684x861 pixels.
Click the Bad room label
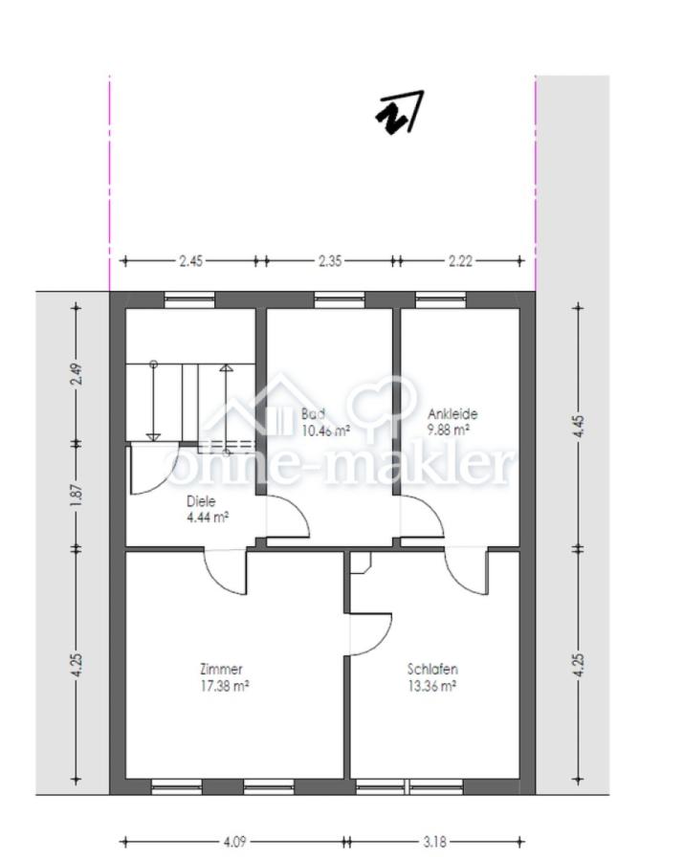pyautogui.click(x=313, y=413)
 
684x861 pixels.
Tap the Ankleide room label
pyautogui.click(x=452, y=413)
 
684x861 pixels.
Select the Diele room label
pyautogui.click(x=201, y=500)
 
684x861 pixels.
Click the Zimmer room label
pyautogui.click(x=221, y=669)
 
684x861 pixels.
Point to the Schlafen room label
pyautogui.click(x=432, y=669)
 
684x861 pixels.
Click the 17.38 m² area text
pyautogui.click(x=225, y=686)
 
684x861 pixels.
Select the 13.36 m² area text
pyautogui.click(x=432, y=686)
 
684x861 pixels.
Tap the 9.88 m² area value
pyautogui.click(x=449, y=430)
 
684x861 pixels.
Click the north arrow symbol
pyautogui.click(x=399, y=113)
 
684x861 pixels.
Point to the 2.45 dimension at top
pyautogui.click(x=190, y=261)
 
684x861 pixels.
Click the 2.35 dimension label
pyautogui.click(x=330, y=261)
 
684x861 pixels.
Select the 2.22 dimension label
pyautogui.click(x=460, y=261)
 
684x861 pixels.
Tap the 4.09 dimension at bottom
pyautogui.click(x=235, y=841)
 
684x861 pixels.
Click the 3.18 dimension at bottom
pyautogui.click(x=434, y=841)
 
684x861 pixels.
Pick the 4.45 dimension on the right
pyautogui.click(x=578, y=427)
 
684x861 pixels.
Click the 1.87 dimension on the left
pyautogui.click(x=77, y=495)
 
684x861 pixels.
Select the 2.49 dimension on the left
pyautogui.click(x=77, y=374)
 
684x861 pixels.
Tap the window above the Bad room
pyautogui.click(x=340, y=299)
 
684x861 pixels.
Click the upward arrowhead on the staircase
pyautogui.click(x=226, y=368)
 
